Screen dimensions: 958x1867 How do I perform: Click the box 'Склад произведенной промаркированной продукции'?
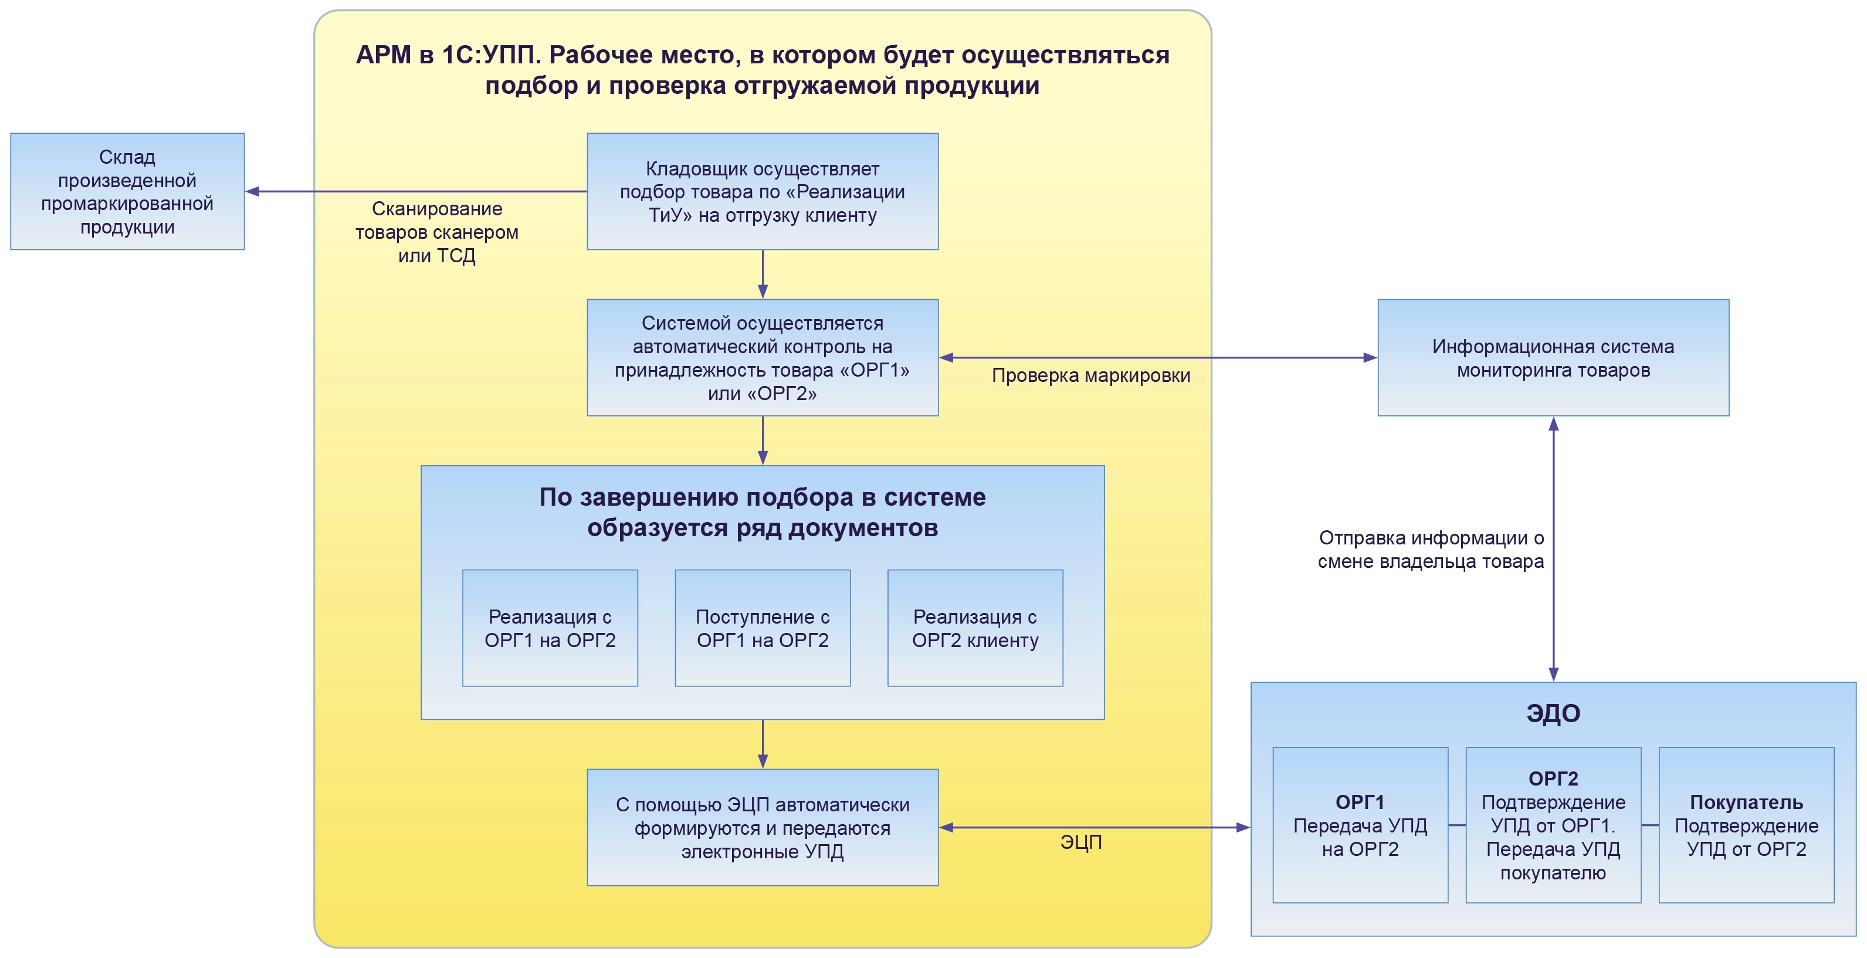[127, 191]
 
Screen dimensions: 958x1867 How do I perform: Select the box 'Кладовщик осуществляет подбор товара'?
[762, 191]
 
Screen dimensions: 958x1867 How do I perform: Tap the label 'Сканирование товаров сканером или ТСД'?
[436, 232]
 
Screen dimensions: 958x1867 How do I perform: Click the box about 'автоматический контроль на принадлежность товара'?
[762, 357]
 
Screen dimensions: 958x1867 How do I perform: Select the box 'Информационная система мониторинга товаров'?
[1553, 357]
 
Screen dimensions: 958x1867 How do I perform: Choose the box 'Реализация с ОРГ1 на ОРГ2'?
[550, 628]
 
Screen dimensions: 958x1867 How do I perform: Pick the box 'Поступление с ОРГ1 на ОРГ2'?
[762, 628]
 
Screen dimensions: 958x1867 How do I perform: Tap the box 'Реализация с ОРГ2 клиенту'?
[975, 628]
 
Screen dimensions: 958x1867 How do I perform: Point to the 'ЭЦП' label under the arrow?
[1080, 842]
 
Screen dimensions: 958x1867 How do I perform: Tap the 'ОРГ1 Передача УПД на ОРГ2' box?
[1360, 825]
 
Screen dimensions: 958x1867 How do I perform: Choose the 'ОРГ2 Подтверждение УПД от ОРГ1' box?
[1553, 825]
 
